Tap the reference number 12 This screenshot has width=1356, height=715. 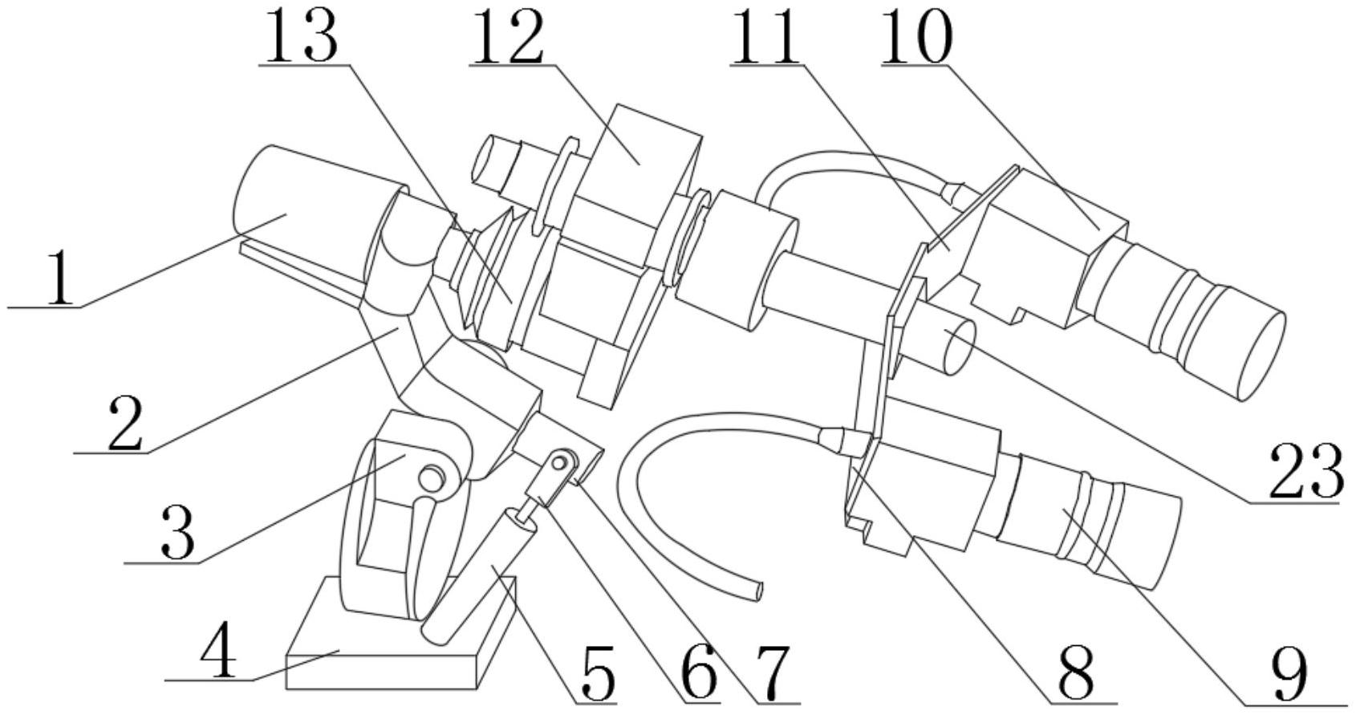[506, 36]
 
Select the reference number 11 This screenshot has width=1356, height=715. [765, 36]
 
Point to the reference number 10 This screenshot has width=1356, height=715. [916, 36]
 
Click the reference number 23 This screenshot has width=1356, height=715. [1305, 469]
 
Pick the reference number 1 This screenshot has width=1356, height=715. [60, 278]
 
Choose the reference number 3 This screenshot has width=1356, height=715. [178, 534]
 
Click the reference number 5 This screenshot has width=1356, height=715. [598, 672]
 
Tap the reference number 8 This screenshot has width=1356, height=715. [1076, 672]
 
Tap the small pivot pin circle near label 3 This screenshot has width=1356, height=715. [431, 480]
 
